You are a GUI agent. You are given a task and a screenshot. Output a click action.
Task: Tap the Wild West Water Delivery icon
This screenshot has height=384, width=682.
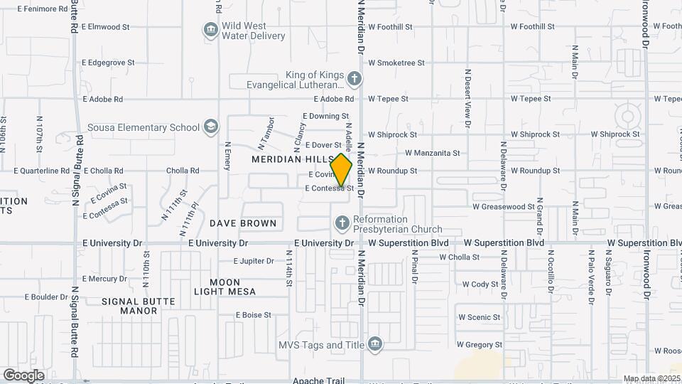[210, 30]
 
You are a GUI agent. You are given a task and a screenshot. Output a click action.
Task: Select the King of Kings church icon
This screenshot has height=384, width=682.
[354, 78]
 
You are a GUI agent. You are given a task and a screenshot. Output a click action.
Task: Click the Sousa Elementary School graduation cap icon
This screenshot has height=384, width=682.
[210, 127]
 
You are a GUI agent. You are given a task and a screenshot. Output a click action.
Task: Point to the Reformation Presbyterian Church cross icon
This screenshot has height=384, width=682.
[342, 224]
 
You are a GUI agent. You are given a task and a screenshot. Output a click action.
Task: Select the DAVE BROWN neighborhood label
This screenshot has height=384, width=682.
[243, 223]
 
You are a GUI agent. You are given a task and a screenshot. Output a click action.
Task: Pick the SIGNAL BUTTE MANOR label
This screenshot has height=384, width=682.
[139, 306]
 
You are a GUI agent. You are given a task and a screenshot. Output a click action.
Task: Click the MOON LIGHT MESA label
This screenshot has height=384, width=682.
[224, 287]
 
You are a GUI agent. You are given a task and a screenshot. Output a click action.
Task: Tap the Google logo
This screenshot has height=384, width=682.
[23, 375]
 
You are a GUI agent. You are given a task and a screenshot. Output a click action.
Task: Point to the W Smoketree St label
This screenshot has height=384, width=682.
[396, 63]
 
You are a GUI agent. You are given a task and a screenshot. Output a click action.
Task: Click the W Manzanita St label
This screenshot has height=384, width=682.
[432, 153]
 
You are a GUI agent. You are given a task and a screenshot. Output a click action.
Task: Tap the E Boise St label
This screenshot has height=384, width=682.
[254, 314]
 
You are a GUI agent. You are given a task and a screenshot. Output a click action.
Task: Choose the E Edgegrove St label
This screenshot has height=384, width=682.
[108, 63]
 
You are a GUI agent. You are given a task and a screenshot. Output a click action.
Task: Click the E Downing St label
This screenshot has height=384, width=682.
[325, 116]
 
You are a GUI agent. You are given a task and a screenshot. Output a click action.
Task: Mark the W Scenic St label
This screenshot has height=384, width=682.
[479, 317]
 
